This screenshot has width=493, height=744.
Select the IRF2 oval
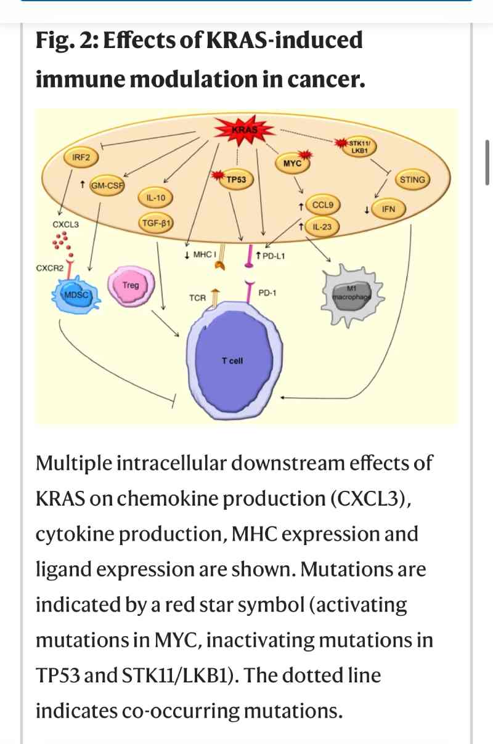pyautogui.click(x=81, y=158)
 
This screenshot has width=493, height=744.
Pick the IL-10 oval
pyautogui.click(x=155, y=198)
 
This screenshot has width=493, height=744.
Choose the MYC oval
pyautogui.click(x=292, y=163)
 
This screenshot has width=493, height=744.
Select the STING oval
pyautogui.click(x=412, y=180)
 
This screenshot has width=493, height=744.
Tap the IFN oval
pyautogui.click(x=388, y=209)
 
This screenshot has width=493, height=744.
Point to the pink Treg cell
pyautogui.click(x=131, y=287)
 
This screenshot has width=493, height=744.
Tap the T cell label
pyautogui.click(x=232, y=361)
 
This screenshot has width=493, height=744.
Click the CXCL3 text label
pyautogui.click(x=66, y=224)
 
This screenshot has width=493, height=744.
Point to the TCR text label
pyautogui.click(x=197, y=298)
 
